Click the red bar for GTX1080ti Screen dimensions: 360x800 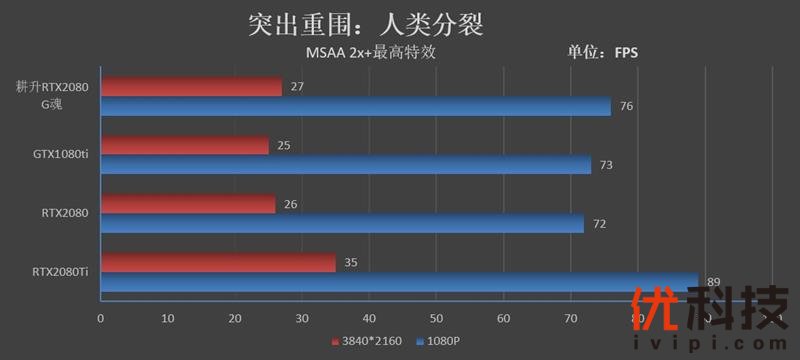point(185,146)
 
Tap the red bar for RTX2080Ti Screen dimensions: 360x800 point(218,264)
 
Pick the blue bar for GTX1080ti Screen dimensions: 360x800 point(345,165)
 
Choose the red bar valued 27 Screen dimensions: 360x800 point(191,87)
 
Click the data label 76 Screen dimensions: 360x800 point(627,107)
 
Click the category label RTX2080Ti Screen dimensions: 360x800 point(60,271)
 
